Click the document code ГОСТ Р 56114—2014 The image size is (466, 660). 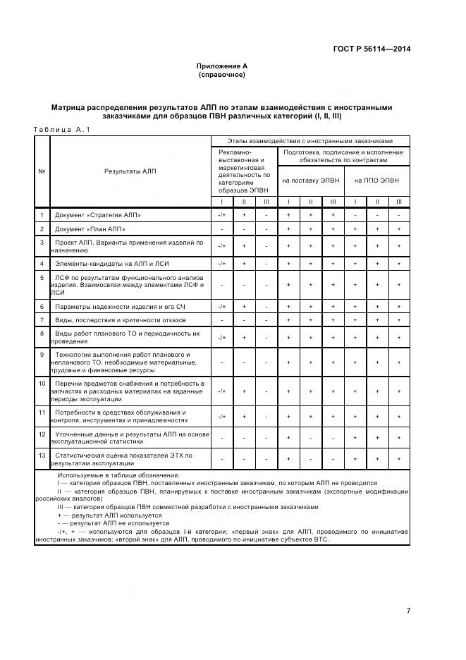[x=371, y=49]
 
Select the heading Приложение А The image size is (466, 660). [x=221, y=66]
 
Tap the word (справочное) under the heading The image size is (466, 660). [x=221, y=74]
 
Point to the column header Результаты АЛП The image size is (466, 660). [x=130, y=171]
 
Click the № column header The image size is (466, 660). [x=42, y=171]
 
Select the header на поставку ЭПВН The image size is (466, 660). [x=310, y=181]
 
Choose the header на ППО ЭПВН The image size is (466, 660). [x=377, y=181]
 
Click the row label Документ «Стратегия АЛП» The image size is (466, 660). [x=98, y=214]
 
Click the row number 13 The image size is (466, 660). [x=42, y=456]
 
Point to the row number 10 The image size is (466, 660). [x=42, y=384]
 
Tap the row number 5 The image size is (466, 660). [x=42, y=278]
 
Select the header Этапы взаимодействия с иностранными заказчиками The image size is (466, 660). [x=309, y=140]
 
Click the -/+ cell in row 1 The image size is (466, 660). [x=221, y=214]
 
